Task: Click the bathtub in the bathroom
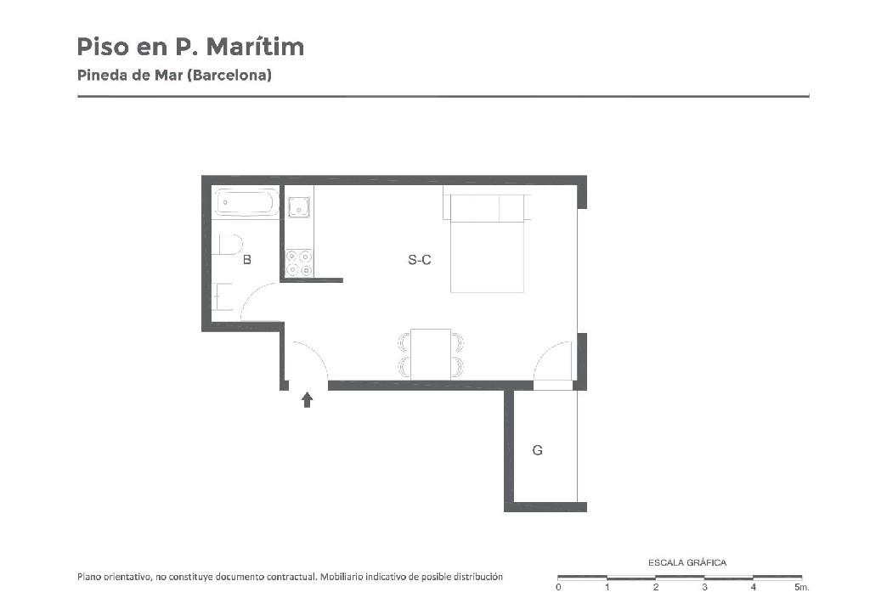pyautogui.click(x=247, y=203)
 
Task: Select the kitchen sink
pyautogui.click(x=299, y=206)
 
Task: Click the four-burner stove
pyautogui.click(x=299, y=262)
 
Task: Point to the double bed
pyautogui.click(x=487, y=244)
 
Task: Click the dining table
pyautogui.click(x=431, y=354)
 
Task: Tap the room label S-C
pyautogui.click(x=420, y=260)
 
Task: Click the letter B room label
pyautogui.click(x=247, y=260)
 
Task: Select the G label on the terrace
pyautogui.click(x=537, y=450)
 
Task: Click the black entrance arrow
pyautogui.click(x=307, y=400)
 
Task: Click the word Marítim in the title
pyautogui.click(x=255, y=47)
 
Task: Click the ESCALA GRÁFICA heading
pyautogui.click(x=686, y=563)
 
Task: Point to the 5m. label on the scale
pyautogui.click(x=802, y=587)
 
